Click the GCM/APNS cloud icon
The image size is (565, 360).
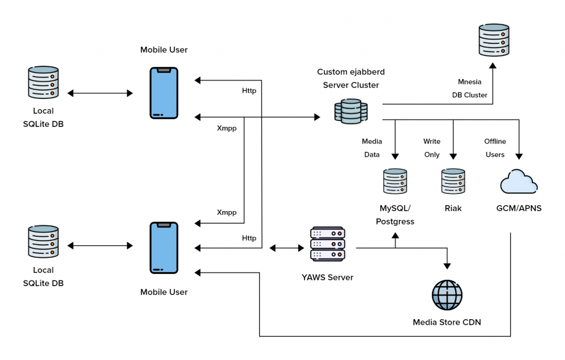[518, 182]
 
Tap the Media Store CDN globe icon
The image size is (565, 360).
[447, 295]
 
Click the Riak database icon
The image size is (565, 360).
[453, 181]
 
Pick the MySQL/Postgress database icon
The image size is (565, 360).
[395, 181]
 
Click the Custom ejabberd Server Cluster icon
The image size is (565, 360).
[351, 111]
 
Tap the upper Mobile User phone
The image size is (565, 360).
[164, 93]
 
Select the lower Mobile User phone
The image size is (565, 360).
[164, 247]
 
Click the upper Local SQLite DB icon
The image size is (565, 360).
[43, 82]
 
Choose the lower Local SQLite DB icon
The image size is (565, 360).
[43, 241]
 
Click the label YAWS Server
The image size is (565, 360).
[328, 277]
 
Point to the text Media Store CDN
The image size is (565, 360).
[447, 322]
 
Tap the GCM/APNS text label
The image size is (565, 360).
[518, 209]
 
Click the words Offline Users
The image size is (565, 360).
[495, 148]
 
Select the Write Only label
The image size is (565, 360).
[431, 148]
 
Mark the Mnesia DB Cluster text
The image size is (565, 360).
[469, 88]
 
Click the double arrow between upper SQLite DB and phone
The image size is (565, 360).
[100, 93]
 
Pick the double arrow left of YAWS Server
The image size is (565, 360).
[284, 248]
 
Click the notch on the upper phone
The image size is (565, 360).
[164, 70]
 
